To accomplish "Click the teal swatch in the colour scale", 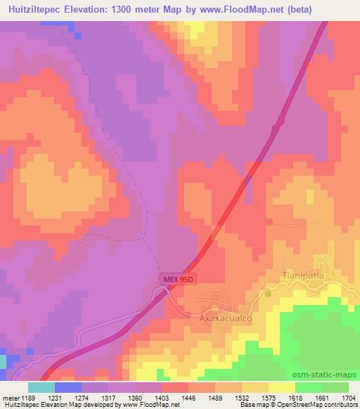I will coord(41,387).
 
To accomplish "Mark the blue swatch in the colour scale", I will coord(68,387).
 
